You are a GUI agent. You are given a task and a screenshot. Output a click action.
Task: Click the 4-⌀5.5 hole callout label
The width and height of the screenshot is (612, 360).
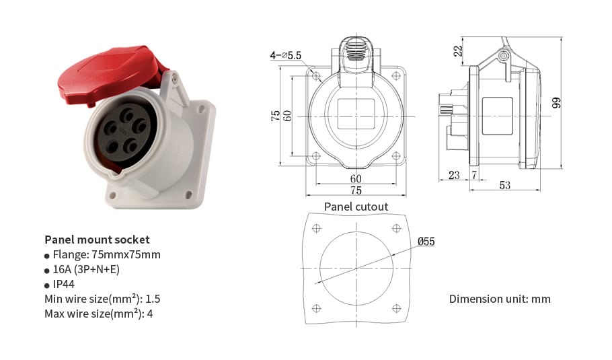[286, 56]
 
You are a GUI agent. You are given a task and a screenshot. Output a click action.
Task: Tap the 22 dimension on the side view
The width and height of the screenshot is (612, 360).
[458, 51]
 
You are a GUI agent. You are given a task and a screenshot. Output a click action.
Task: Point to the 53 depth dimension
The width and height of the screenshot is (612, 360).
[505, 185]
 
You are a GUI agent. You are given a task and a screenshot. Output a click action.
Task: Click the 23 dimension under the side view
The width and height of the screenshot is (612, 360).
[454, 175]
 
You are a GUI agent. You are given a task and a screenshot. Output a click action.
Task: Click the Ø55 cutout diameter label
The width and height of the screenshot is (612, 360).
[426, 241]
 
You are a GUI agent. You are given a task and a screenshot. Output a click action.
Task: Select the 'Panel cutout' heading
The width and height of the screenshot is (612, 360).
[356, 207]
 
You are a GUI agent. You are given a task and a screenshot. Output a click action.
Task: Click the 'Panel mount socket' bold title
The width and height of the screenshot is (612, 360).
[97, 240]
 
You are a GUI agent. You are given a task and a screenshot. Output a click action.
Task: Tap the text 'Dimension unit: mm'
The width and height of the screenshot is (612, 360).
[500, 298]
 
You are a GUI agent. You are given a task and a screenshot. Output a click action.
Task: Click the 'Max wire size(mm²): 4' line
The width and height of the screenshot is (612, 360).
[98, 314]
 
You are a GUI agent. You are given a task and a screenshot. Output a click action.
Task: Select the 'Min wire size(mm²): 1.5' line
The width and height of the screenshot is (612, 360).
[102, 299]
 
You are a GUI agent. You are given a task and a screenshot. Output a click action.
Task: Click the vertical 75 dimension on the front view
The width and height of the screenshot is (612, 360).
[276, 115]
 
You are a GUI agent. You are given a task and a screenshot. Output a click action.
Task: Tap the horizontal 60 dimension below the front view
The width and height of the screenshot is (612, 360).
[356, 178]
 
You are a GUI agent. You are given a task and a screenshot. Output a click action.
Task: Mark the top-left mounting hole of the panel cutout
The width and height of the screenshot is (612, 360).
[317, 229]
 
